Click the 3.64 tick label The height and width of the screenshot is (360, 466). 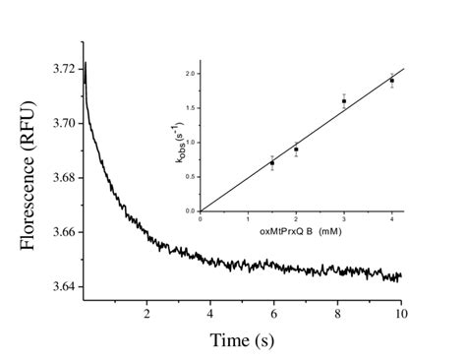(58, 286)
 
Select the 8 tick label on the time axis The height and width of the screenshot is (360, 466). (338, 314)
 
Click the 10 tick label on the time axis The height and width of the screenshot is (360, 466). (401, 314)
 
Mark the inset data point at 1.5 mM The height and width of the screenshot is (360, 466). (272, 162)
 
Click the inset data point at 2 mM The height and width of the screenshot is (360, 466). (296, 150)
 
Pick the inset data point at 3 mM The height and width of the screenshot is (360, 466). (343, 101)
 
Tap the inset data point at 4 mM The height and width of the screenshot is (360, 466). (391, 81)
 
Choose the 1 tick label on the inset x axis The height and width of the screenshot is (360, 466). (248, 219)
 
